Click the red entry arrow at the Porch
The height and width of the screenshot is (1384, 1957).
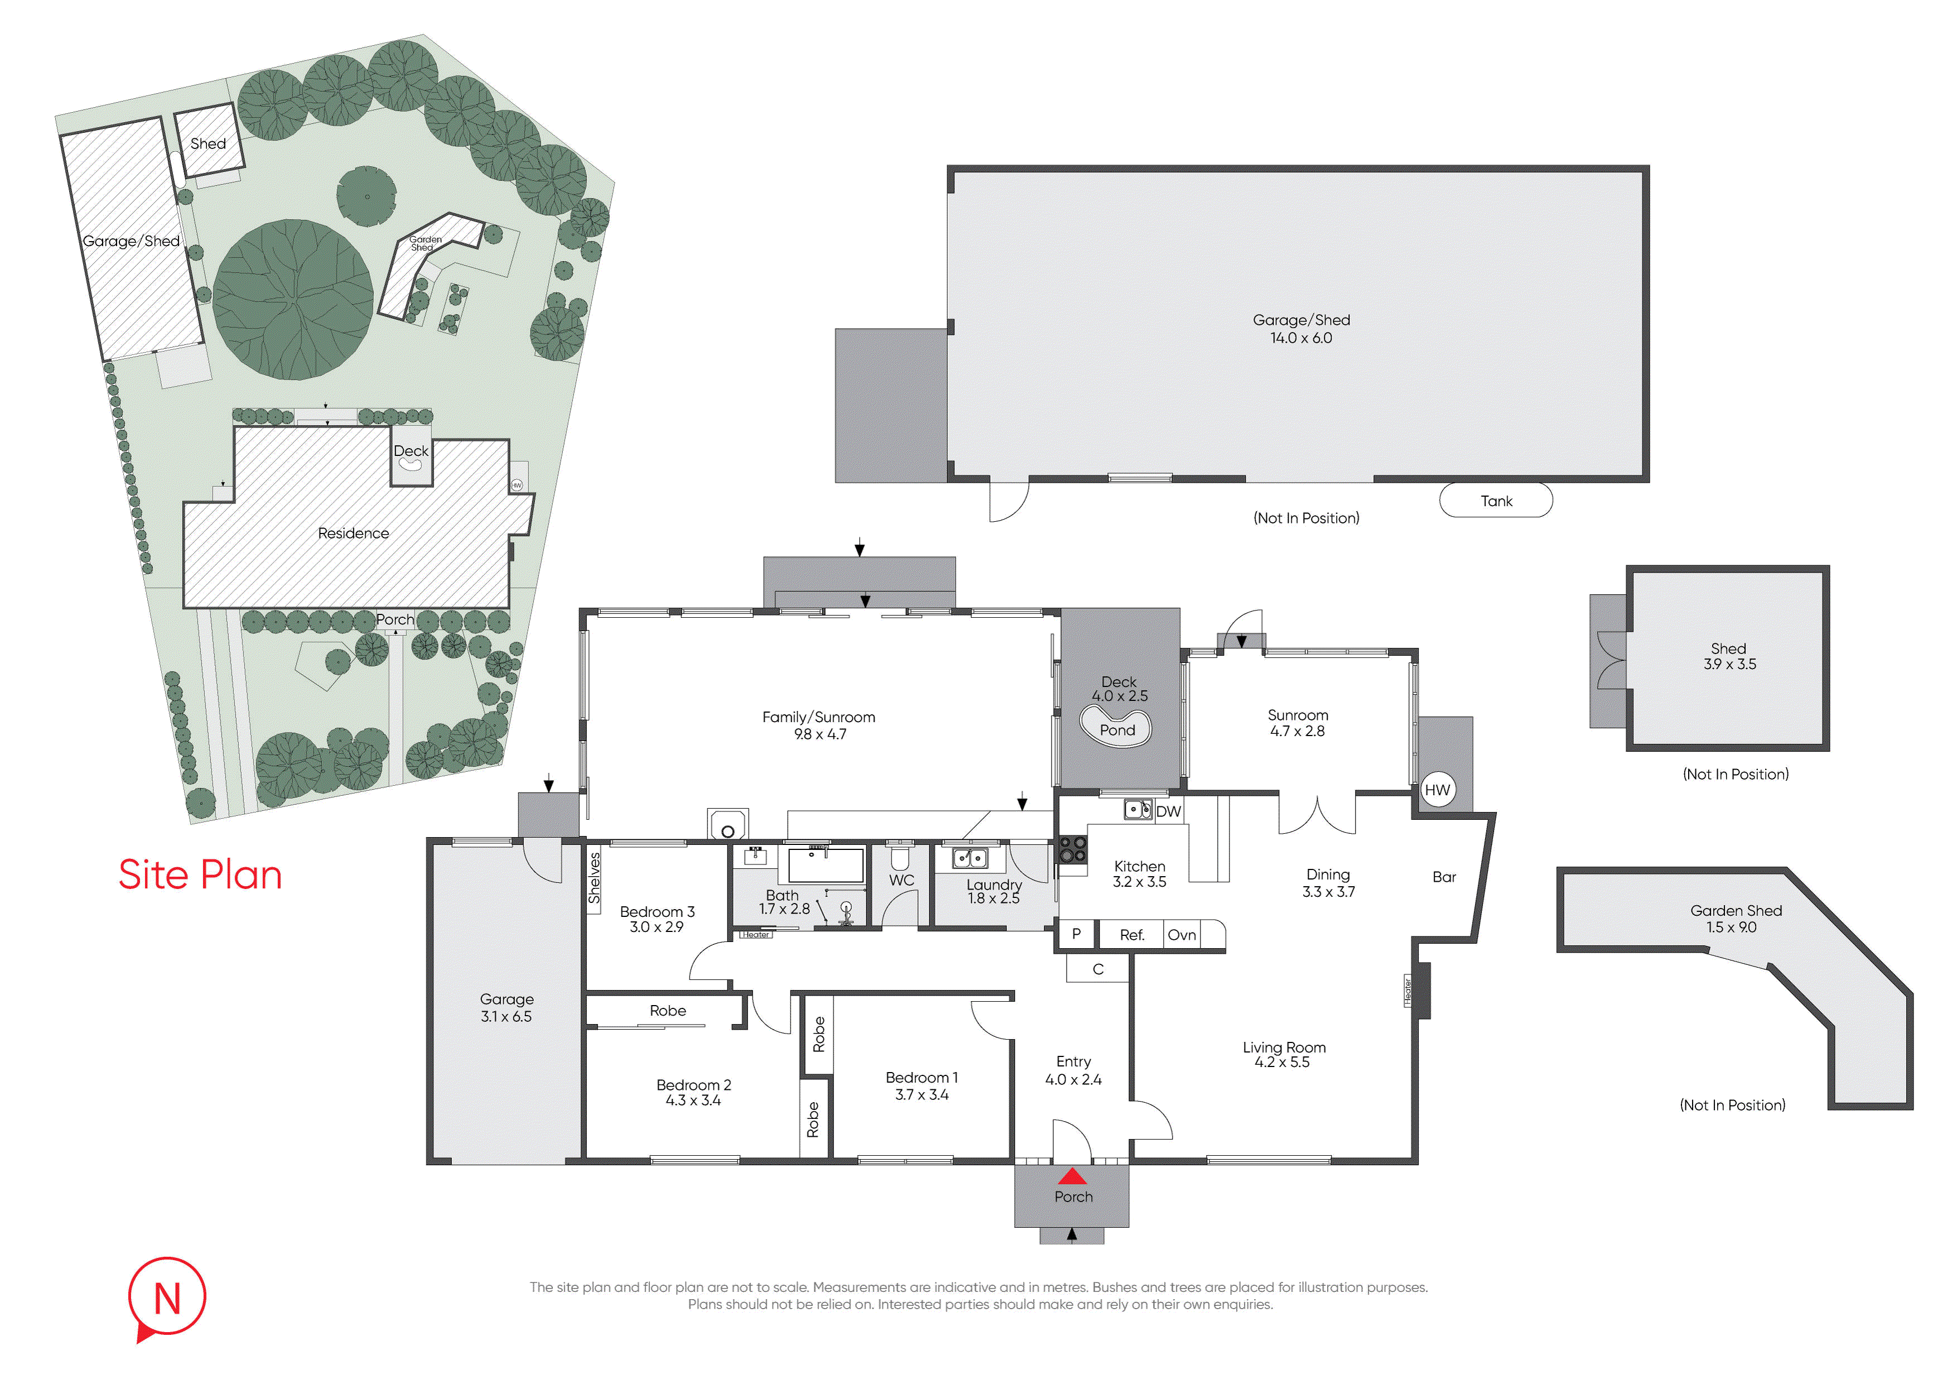pos(1072,1177)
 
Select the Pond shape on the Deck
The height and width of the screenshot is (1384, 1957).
pos(1116,727)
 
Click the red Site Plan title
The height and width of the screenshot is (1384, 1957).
pos(200,875)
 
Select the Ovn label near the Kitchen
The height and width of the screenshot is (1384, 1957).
pos(1182,935)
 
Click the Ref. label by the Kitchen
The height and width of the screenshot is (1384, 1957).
pos(1132,935)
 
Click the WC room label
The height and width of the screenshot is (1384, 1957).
pos(901,881)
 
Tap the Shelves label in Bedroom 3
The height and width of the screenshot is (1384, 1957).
pos(594,878)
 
